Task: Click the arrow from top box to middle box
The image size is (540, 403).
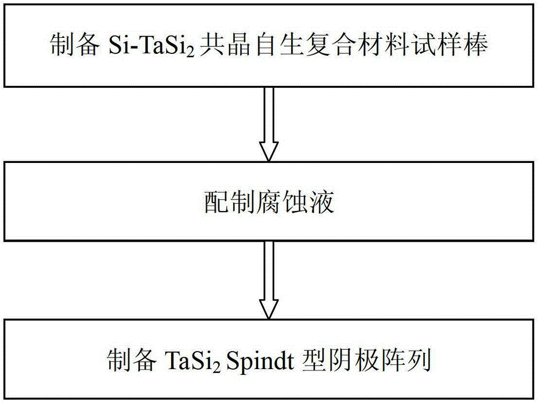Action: point(268,124)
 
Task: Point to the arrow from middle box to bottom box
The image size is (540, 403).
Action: point(268,280)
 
